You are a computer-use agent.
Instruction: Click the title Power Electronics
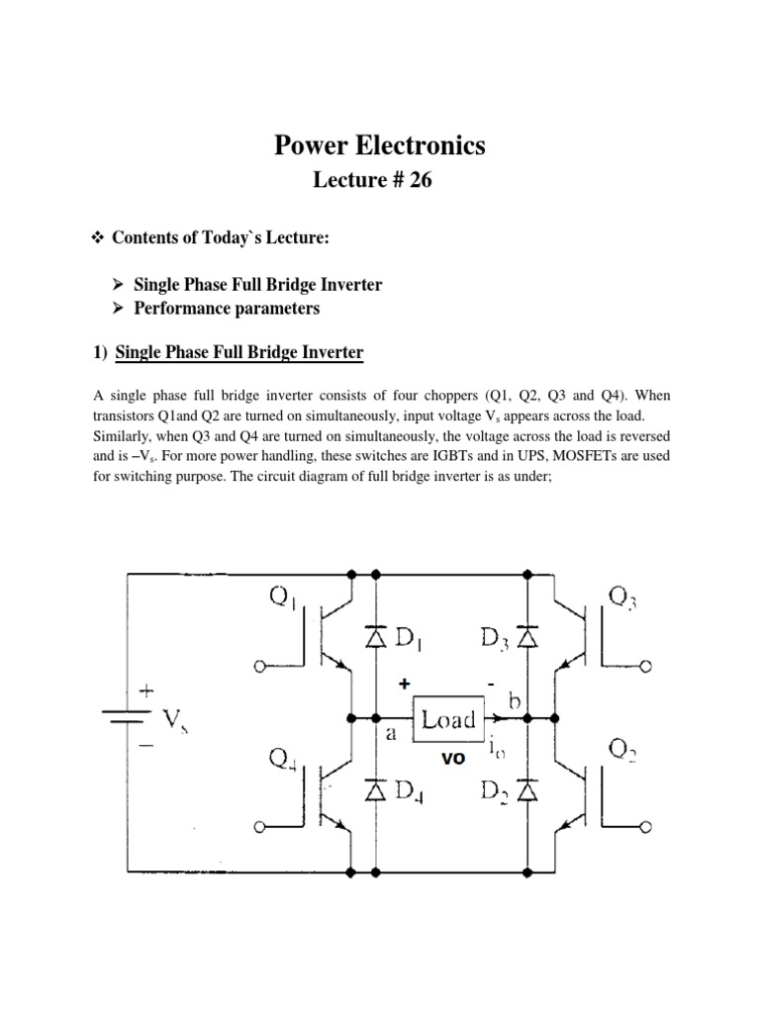pyautogui.click(x=379, y=145)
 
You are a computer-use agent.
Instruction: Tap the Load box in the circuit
pyautogui.click(x=448, y=719)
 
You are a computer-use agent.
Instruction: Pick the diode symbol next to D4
pyautogui.click(x=376, y=791)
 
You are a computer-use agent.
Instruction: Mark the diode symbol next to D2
pyautogui.click(x=528, y=791)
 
